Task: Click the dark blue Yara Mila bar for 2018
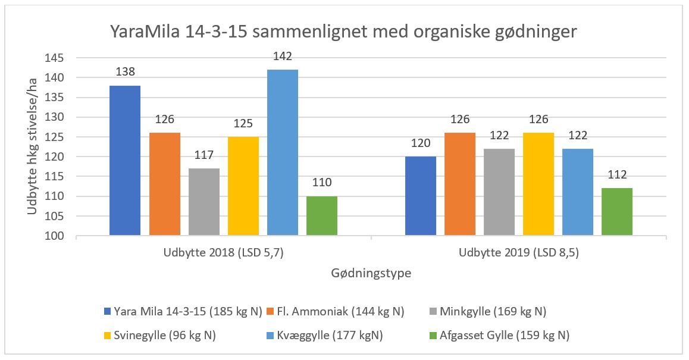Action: click(125, 161)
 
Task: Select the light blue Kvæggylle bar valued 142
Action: click(282, 152)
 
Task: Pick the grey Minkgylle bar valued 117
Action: click(203, 202)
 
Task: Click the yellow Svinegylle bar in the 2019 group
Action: click(538, 184)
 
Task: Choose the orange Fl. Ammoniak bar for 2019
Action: click(459, 184)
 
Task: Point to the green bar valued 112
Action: click(616, 212)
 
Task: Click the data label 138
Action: click(125, 72)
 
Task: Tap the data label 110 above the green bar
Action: click(321, 183)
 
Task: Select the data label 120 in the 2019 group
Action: click(420, 143)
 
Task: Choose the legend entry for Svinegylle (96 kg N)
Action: click(160, 335)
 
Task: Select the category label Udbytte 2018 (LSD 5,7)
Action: click(223, 253)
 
